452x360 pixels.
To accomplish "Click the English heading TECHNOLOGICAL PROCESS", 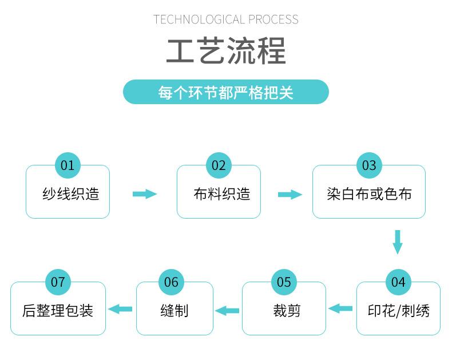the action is coord(225,19).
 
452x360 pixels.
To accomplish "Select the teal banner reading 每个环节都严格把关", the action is coord(226,92).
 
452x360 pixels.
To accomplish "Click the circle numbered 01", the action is coord(68,165).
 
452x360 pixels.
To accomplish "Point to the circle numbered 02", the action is coord(219,165).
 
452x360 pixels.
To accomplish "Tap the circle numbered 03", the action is coord(369,165).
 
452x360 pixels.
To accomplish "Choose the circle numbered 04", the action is coord(398,282).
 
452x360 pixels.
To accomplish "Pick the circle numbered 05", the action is coord(284,282).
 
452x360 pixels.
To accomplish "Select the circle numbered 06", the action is coord(171,282).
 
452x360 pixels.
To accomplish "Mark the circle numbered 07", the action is coord(58,282).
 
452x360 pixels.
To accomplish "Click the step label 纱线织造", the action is coord(71,193).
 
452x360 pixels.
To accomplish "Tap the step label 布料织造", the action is coord(222,193).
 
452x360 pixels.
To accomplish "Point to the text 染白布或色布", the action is coord(369,193).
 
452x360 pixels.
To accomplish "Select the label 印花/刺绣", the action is coord(399,311).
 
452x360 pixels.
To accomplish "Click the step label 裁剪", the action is coord(287,311).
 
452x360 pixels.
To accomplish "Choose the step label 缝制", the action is coord(175,311).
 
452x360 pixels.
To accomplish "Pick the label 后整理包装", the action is coord(58,311).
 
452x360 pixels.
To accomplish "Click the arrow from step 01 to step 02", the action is coord(145,194).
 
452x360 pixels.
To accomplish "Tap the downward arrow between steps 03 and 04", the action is coord(398,242).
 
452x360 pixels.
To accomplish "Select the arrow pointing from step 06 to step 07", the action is coord(120,309).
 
